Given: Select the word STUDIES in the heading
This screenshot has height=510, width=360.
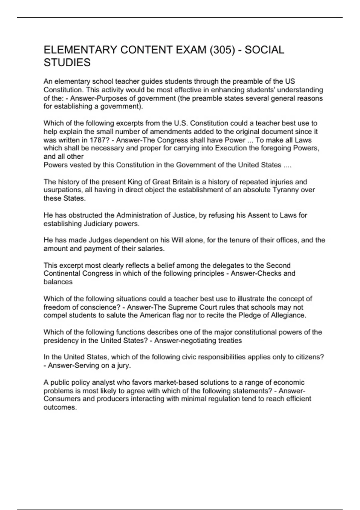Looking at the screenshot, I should (x=67, y=63).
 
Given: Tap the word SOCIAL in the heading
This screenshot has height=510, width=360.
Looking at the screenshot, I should (x=264, y=50).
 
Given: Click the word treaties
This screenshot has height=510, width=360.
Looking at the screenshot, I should (x=229, y=340).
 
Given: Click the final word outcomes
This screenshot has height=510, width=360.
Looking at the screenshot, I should (x=60, y=407).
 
